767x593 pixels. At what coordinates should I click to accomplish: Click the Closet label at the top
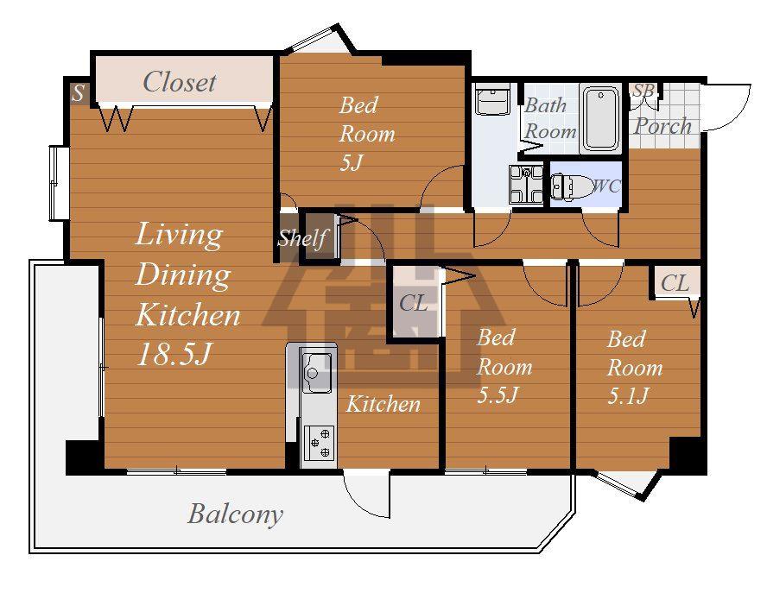point(179,82)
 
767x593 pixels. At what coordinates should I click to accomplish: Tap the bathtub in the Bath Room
point(600,119)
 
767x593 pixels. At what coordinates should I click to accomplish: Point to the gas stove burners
point(320,443)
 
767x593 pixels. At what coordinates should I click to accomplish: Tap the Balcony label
point(235,514)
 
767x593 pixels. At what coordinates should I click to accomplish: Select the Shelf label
point(301,238)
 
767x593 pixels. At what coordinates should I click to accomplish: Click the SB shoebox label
point(643,91)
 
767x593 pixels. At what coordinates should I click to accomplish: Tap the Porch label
point(662,126)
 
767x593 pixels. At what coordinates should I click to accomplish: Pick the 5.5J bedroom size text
point(497,394)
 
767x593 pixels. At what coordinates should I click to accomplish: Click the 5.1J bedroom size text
point(628,395)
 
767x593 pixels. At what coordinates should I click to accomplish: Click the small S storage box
point(79,93)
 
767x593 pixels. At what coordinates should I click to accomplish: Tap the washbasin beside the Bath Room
point(492,99)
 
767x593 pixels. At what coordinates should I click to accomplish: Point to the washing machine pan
point(526,185)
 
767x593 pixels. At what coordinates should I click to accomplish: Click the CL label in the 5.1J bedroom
point(675,282)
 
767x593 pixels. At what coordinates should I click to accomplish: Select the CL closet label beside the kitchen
point(414,303)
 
